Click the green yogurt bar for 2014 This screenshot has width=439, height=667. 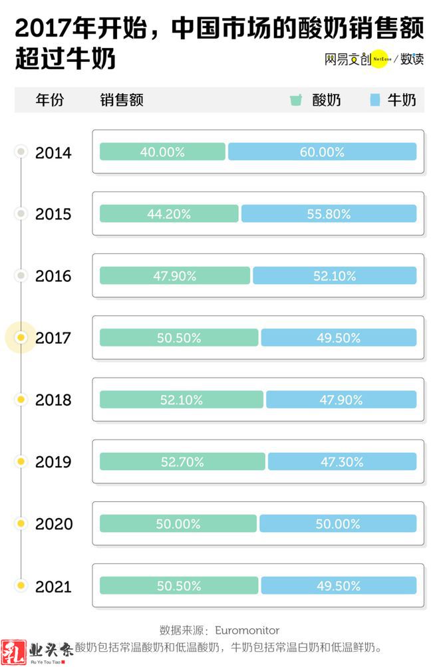162,152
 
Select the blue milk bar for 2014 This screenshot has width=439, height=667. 322,152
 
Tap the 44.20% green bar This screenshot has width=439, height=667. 170,213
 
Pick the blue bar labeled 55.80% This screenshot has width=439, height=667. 329,213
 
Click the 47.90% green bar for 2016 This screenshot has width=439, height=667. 175,276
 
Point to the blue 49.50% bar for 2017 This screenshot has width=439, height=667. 339,338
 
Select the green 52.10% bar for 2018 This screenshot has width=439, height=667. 182,400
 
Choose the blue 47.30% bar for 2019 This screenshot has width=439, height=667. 342,462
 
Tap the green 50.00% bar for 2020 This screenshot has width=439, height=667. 178,523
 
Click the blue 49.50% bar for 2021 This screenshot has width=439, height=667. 339,586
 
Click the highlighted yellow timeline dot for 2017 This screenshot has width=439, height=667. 21,338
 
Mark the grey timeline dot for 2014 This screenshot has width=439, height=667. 21,152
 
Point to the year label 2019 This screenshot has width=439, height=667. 53,462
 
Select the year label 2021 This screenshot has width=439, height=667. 53,587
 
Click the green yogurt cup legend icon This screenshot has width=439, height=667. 295,100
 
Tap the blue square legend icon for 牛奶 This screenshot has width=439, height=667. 374,100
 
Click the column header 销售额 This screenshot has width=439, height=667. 122,100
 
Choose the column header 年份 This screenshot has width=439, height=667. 50,100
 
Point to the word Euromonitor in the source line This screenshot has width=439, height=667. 247,630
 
